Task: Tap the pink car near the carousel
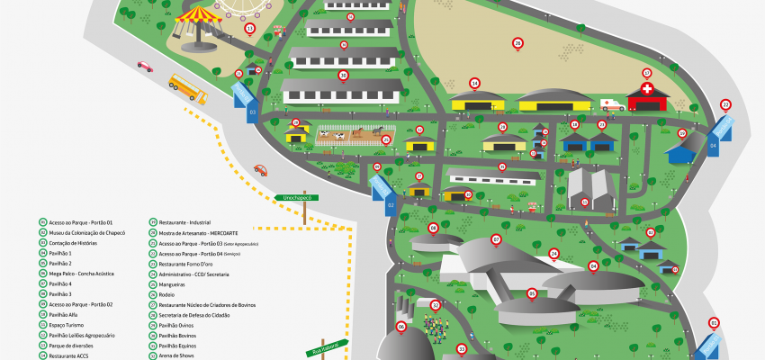[145, 65]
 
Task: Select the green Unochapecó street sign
[297, 196]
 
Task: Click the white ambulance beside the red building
[611, 104]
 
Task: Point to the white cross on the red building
[646, 90]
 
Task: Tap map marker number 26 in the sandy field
[517, 42]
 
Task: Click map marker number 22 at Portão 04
[725, 104]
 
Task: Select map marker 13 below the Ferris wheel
[249, 29]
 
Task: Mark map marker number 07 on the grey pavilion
[496, 239]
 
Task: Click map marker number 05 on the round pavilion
[532, 292]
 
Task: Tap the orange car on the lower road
[260, 169]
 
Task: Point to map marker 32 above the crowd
[436, 305]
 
